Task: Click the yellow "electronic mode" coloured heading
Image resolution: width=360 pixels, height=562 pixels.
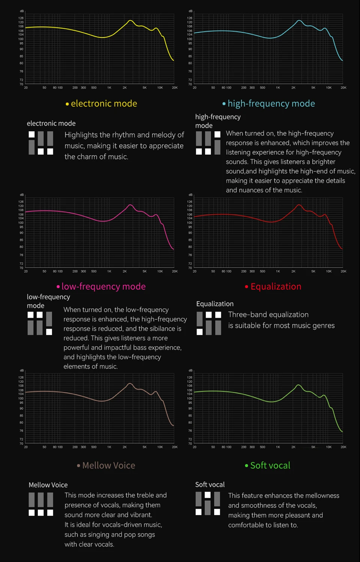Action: click(104, 104)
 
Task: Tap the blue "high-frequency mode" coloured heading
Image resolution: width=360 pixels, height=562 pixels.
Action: click(271, 104)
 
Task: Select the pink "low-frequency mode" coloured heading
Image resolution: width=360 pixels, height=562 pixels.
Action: click(103, 286)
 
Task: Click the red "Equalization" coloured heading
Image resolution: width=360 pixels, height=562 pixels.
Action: click(276, 286)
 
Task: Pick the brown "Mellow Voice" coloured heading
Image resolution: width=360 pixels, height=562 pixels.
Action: click(108, 466)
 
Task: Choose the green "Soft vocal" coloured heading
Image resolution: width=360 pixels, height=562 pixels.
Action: click(270, 466)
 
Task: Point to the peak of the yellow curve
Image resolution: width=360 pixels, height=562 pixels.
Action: click(130, 21)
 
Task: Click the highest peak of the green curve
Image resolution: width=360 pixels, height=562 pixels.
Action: click(298, 385)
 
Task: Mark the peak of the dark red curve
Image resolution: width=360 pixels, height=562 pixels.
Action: click(299, 205)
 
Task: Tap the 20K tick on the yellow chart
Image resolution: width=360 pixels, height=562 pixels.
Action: click(175, 87)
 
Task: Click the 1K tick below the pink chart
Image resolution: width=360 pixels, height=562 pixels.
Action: click(109, 271)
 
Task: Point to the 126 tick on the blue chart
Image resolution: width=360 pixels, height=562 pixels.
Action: click(189, 18)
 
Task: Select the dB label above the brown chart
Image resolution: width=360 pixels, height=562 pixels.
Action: click(22, 370)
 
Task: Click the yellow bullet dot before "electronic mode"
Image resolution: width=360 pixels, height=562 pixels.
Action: click(67, 104)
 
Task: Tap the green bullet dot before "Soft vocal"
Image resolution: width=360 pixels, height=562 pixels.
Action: click(246, 466)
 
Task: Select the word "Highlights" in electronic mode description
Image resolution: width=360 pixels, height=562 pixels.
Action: click(81, 135)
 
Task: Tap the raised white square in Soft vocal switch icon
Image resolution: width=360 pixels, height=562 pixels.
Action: click(208, 494)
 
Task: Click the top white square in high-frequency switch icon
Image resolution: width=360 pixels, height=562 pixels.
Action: click(217, 134)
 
